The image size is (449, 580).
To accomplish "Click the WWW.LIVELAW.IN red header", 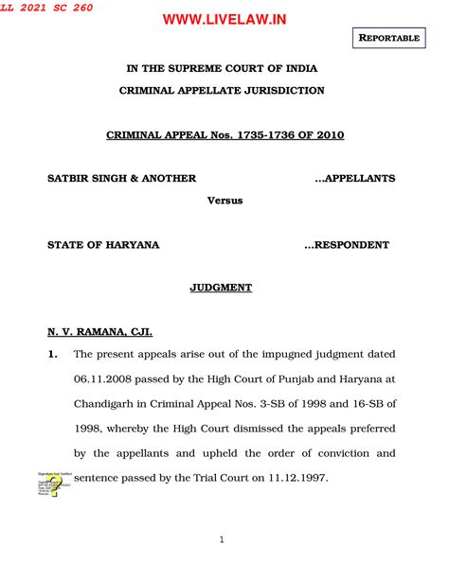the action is [224, 19].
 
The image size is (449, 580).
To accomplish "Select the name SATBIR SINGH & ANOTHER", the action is [122, 179].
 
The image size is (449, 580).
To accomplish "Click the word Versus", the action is [224, 201].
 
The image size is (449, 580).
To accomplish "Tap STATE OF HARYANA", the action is [103, 245].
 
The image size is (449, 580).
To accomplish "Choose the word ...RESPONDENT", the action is [347, 245].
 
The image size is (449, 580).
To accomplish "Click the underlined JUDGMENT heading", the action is [222, 288].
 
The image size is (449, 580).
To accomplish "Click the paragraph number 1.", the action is [54, 355].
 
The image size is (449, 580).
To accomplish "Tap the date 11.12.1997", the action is [296, 478].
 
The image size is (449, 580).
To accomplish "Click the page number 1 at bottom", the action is [221, 540].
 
